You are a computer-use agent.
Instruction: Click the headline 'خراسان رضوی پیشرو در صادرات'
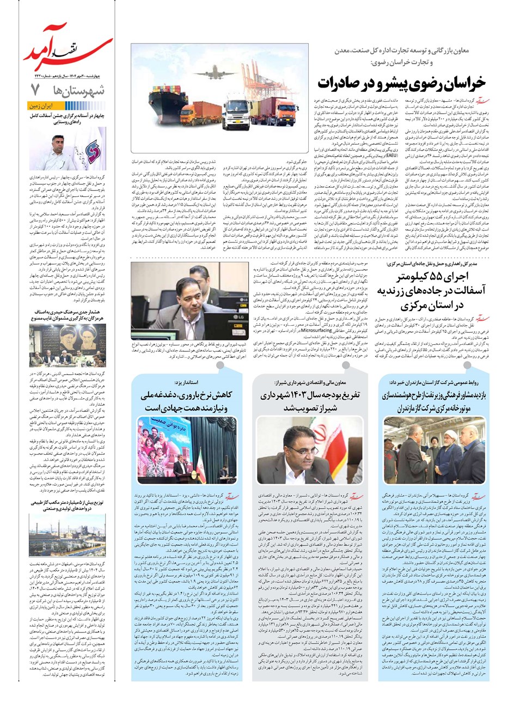(401, 82)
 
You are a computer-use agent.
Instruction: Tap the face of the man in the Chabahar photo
(58, 144)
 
